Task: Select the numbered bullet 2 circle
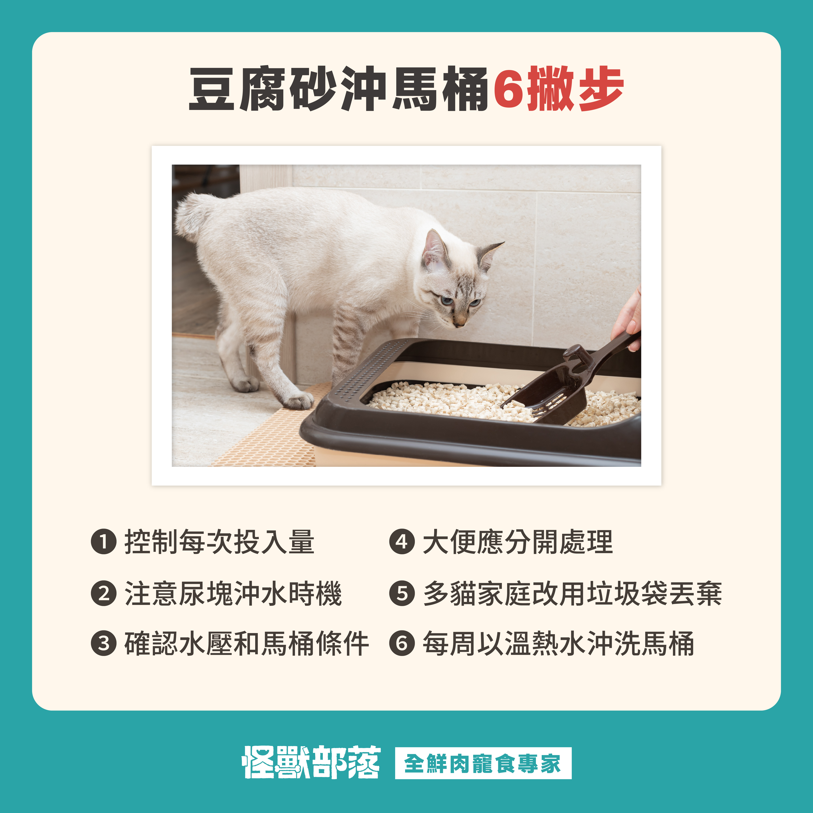(x=104, y=593)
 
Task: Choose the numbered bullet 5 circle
(x=402, y=593)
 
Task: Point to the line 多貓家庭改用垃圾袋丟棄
(x=572, y=593)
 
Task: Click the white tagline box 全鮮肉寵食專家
(x=483, y=763)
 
